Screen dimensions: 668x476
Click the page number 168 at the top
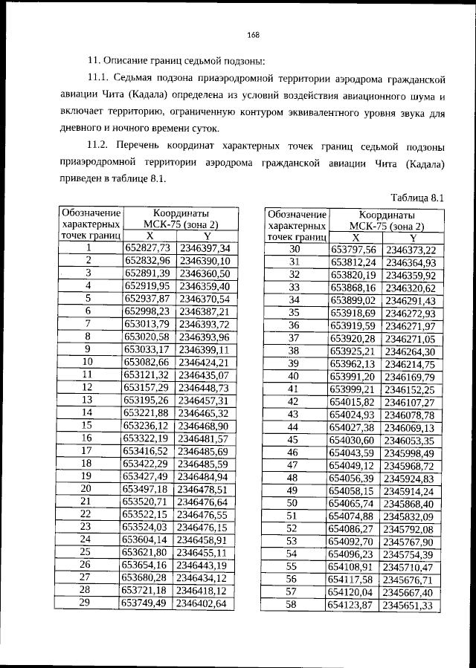[x=252, y=33]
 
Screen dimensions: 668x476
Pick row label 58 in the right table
[x=292, y=606]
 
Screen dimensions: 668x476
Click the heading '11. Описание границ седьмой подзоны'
[x=176, y=60]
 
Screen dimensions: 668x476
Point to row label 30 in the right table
[x=293, y=250]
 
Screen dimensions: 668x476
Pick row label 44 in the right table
[x=292, y=427]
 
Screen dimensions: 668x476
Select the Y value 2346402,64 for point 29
[x=203, y=603]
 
